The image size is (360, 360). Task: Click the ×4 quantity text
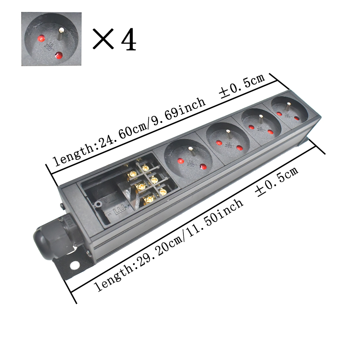pos(114,40)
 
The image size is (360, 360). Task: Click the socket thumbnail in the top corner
pos(51,39)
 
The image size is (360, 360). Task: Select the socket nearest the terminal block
pos(187,157)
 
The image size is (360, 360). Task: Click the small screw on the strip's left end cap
pos(62,207)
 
